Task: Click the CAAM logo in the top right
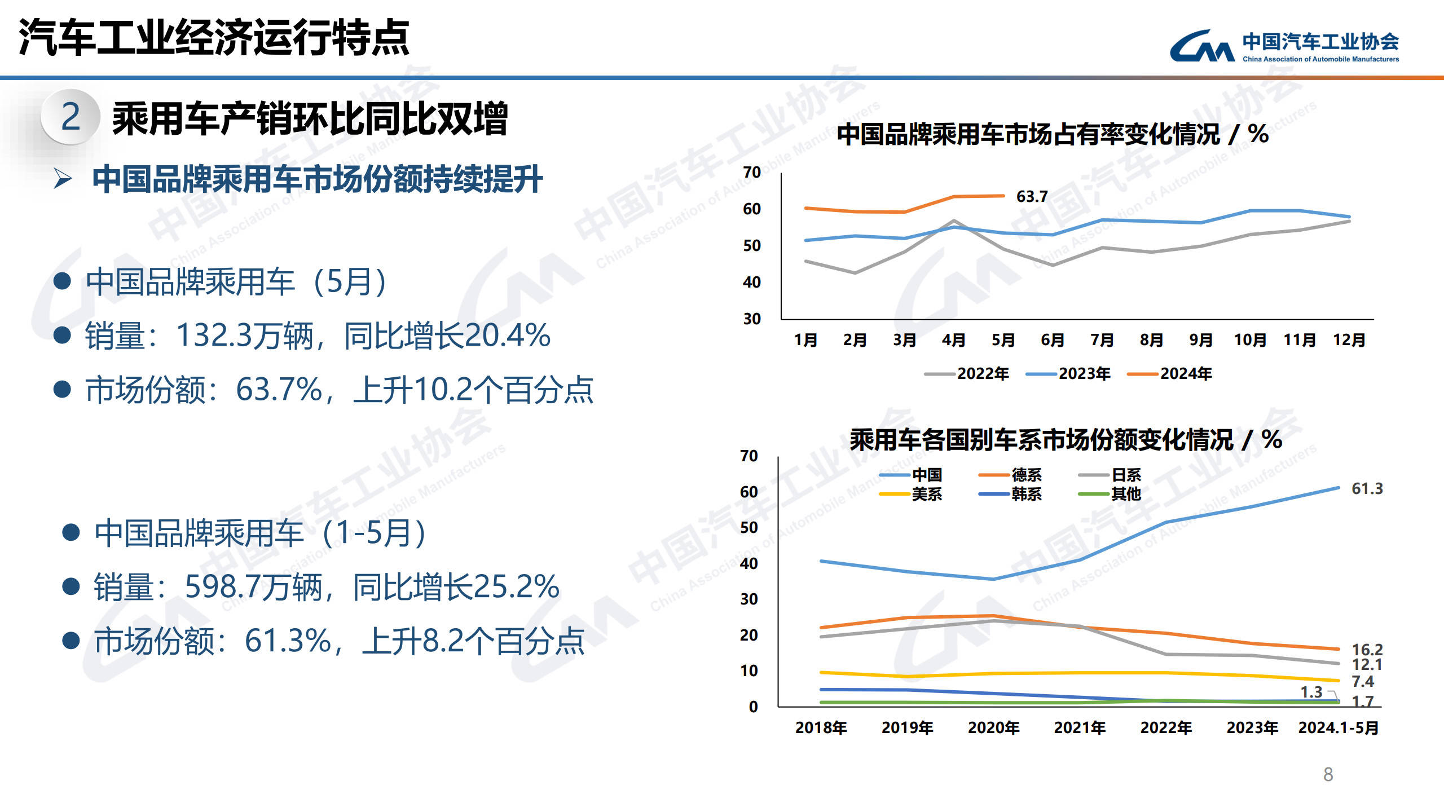[1283, 46]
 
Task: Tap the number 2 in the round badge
[71, 117]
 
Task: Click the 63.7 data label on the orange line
[1032, 197]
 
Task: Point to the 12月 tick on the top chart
[1349, 340]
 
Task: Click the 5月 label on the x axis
[1003, 340]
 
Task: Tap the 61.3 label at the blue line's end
[1367, 488]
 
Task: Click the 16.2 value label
[1367, 650]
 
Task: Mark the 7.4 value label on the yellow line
[1362, 681]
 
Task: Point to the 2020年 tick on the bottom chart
[993, 728]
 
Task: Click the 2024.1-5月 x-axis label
[1338, 728]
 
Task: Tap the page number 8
[1328, 774]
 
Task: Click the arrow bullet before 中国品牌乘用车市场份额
[63, 179]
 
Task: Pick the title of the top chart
[1053, 135]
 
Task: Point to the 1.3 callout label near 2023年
[1311, 692]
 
